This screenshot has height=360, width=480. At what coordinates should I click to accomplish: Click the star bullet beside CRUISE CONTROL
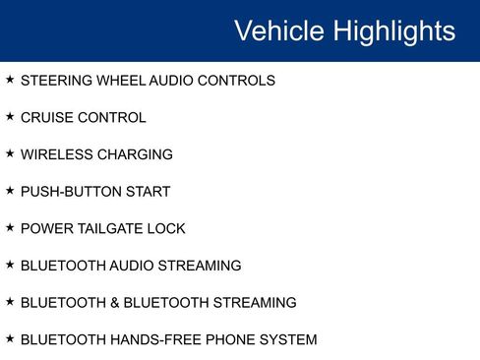point(10,117)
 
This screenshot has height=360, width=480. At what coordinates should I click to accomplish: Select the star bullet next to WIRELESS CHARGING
point(10,154)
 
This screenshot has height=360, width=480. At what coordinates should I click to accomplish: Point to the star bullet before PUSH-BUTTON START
point(10,191)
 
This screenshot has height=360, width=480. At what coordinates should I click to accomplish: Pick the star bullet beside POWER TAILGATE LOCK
point(10,228)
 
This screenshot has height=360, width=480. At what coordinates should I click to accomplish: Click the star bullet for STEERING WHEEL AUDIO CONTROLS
point(10,80)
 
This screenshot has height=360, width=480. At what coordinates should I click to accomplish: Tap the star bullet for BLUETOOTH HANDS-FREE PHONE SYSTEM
point(10,339)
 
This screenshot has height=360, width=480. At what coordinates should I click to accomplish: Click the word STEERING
point(57,81)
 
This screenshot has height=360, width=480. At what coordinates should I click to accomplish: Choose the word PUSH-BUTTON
point(70,192)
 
